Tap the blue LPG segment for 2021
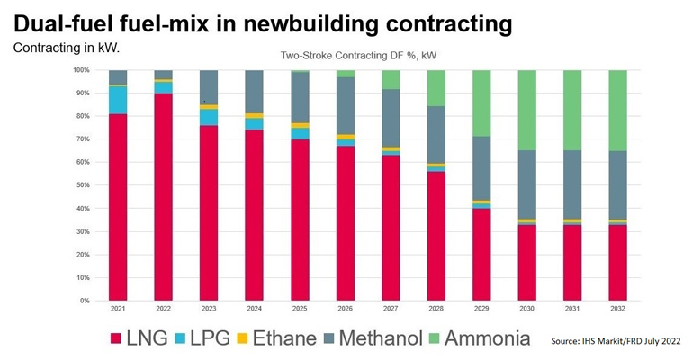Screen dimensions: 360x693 tap(118, 100)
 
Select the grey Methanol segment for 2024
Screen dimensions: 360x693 tap(254, 92)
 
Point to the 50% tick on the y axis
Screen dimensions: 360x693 tap(80, 184)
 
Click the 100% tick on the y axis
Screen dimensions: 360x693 tap(80, 69)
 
